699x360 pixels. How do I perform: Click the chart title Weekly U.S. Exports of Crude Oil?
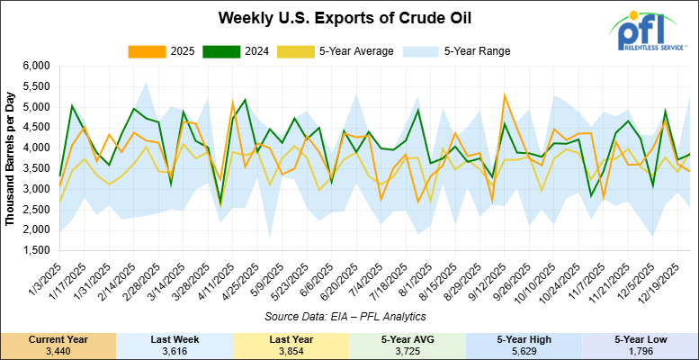tap(349, 17)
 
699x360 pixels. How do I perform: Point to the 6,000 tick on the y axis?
tap(33, 67)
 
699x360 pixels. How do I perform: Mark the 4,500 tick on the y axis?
tap(33, 128)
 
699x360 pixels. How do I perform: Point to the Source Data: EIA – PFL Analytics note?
tap(351, 317)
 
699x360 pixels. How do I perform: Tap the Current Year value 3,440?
tap(58, 349)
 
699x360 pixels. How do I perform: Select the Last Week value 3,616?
tap(175, 349)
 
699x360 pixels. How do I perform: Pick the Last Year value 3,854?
tap(291, 349)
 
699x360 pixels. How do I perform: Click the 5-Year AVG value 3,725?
tap(407, 349)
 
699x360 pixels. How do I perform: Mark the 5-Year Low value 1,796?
tap(640, 349)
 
